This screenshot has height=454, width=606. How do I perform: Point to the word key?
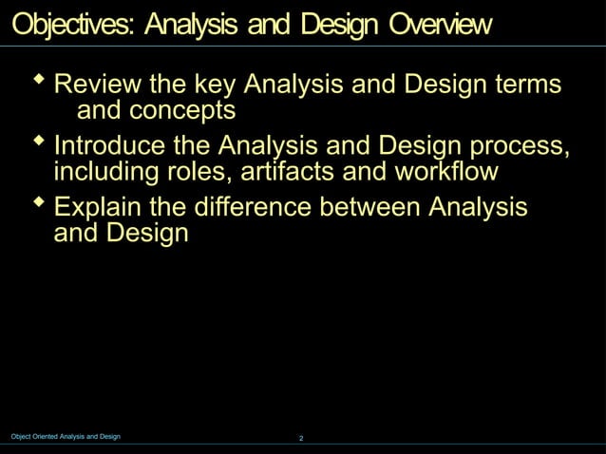(216, 85)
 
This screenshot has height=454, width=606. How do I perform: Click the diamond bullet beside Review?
(39, 81)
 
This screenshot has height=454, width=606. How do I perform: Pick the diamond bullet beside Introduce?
(39, 142)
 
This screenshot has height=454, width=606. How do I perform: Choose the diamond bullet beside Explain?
(39, 202)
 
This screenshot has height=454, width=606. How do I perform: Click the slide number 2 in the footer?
(301, 438)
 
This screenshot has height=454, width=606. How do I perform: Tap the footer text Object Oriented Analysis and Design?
(66, 436)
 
